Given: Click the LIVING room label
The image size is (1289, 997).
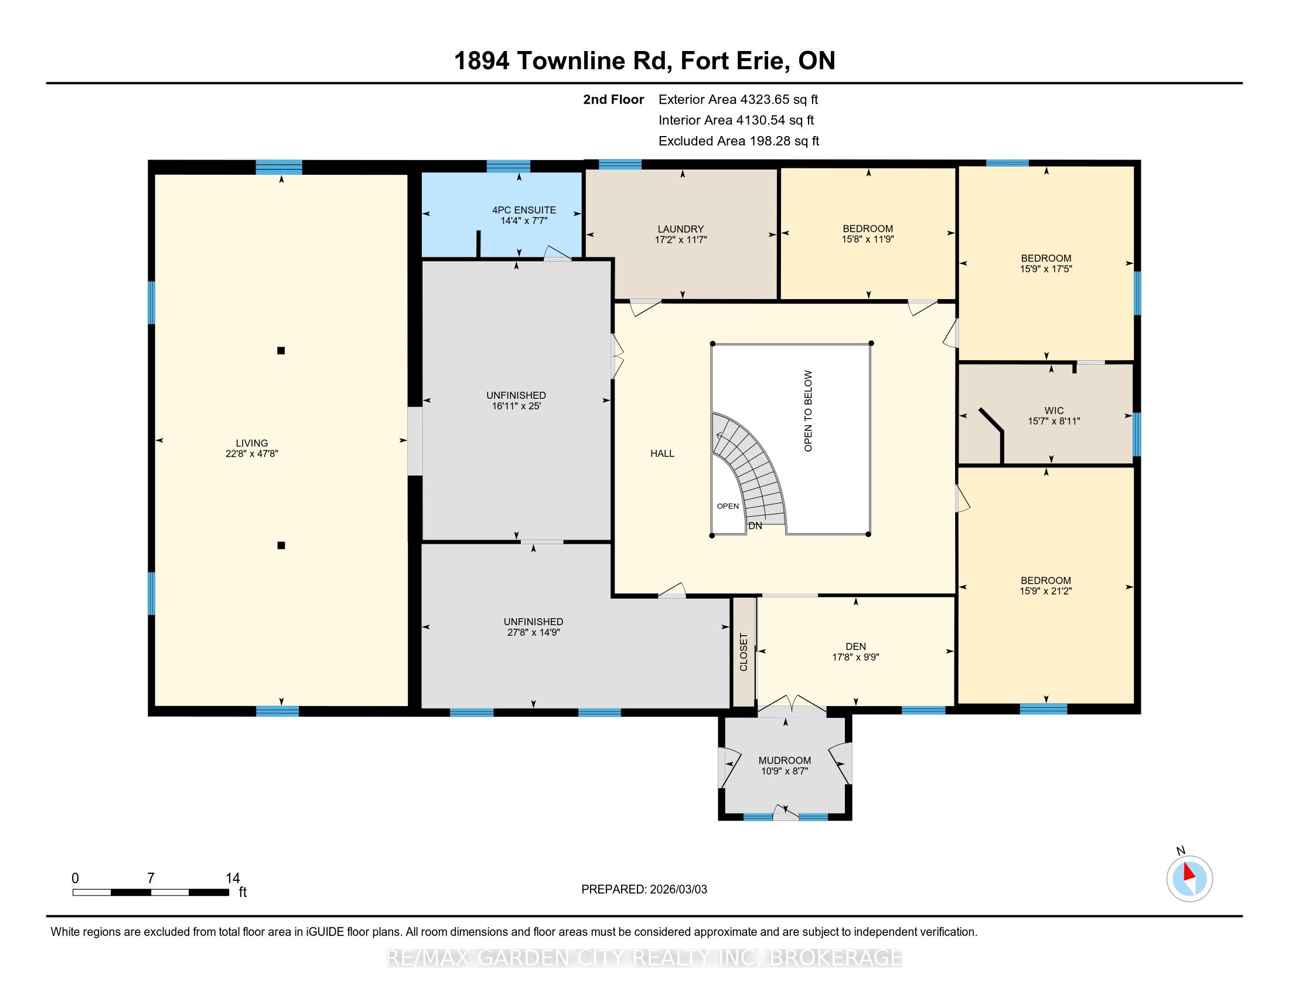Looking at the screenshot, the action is click(251, 443).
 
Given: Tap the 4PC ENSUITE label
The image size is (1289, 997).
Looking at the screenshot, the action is click(524, 210).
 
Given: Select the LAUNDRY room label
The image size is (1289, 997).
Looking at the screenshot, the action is click(680, 229).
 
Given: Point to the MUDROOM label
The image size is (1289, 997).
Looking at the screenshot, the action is click(785, 760).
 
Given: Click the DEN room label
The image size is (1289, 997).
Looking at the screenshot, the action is click(856, 646).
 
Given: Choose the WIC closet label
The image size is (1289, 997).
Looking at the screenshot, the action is click(1054, 411).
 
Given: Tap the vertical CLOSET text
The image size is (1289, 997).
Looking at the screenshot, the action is click(744, 652).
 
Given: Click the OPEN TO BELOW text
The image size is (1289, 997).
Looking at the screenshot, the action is click(808, 411).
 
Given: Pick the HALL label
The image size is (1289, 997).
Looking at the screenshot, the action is click(662, 453).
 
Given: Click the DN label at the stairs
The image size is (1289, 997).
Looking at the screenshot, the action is click(755, 525).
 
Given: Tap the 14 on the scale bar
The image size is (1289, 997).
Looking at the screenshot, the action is click(233, 879).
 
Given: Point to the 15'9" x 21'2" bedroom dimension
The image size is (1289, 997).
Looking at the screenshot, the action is click(1046, 591).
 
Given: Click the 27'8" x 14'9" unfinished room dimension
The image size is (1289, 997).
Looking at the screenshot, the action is click(533, 632).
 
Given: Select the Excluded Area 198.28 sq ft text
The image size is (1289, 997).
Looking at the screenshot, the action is click(739, 141).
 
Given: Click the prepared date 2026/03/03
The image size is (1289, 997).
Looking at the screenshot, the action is click(677, 890).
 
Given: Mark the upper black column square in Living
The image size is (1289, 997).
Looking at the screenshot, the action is click(281, 350).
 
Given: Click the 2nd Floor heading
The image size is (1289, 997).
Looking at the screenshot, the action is click(613, 99).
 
